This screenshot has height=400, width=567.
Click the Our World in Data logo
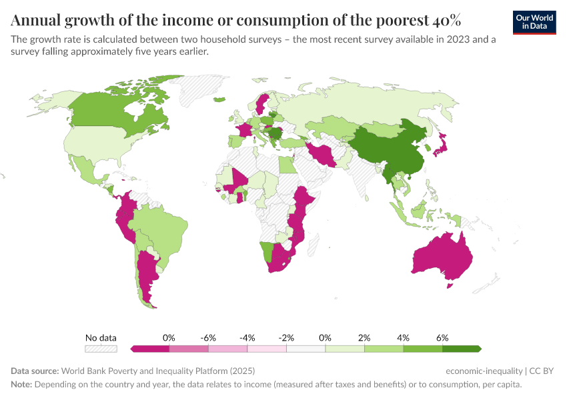coord(534,22)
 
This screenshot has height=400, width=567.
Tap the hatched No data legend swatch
coord(101,348)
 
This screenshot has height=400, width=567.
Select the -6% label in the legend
coord(208,338)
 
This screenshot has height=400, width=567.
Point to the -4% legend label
coord(247,338)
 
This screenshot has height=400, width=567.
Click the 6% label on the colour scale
coord(442,338)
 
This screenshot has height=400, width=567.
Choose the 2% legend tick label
coord(364,338)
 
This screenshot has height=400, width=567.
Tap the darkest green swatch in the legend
coord(460,348)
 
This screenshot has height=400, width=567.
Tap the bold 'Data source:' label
coord(35,371)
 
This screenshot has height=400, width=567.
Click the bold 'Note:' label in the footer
coord(21,385)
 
